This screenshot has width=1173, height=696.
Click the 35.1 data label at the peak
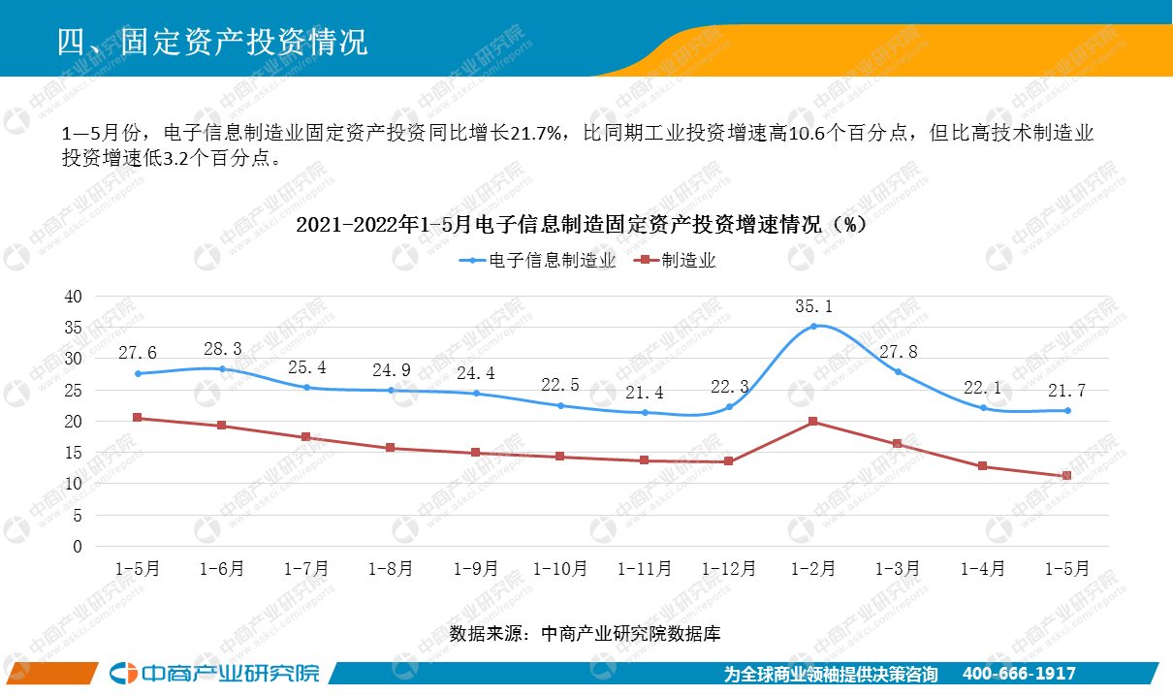(813, 306)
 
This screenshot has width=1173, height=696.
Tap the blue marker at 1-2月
(813, 327)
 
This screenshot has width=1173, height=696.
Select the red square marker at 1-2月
(812, 421)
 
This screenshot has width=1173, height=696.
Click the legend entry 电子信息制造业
(537, 261)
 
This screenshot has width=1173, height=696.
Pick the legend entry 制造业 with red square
(675, 261)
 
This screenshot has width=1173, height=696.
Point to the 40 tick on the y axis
(74, 297)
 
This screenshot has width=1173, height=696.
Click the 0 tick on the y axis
(78, 547)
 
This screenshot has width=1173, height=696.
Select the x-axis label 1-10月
(559, 569)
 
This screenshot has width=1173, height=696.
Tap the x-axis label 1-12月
(728, 569)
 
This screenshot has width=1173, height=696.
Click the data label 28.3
(223, 349)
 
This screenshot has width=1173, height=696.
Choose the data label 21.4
(644, 393)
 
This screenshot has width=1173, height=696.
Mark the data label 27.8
(898, 352)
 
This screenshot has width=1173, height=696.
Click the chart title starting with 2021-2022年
(582, 225)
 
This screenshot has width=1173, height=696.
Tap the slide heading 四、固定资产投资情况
(212, 42)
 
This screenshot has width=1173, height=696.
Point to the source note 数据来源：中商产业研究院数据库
(585, 634)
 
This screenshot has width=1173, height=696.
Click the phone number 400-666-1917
(1019, 674)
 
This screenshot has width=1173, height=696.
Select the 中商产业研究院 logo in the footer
(214, 674)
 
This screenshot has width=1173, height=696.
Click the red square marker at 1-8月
(390, 448)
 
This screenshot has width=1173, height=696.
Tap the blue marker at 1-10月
(560, 405)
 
